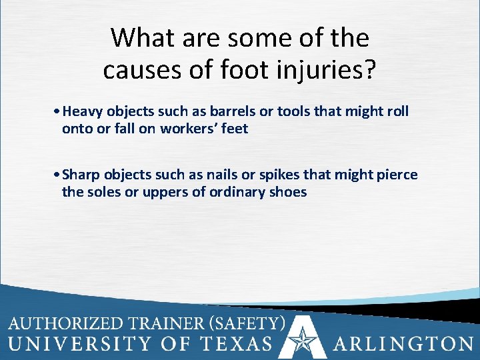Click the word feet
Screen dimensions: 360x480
pyautogui.click(x=235, y=129)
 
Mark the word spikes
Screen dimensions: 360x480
pyautogui.click(x=283, y=175)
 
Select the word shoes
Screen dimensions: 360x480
pyautogui.click(x=288, y=192)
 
